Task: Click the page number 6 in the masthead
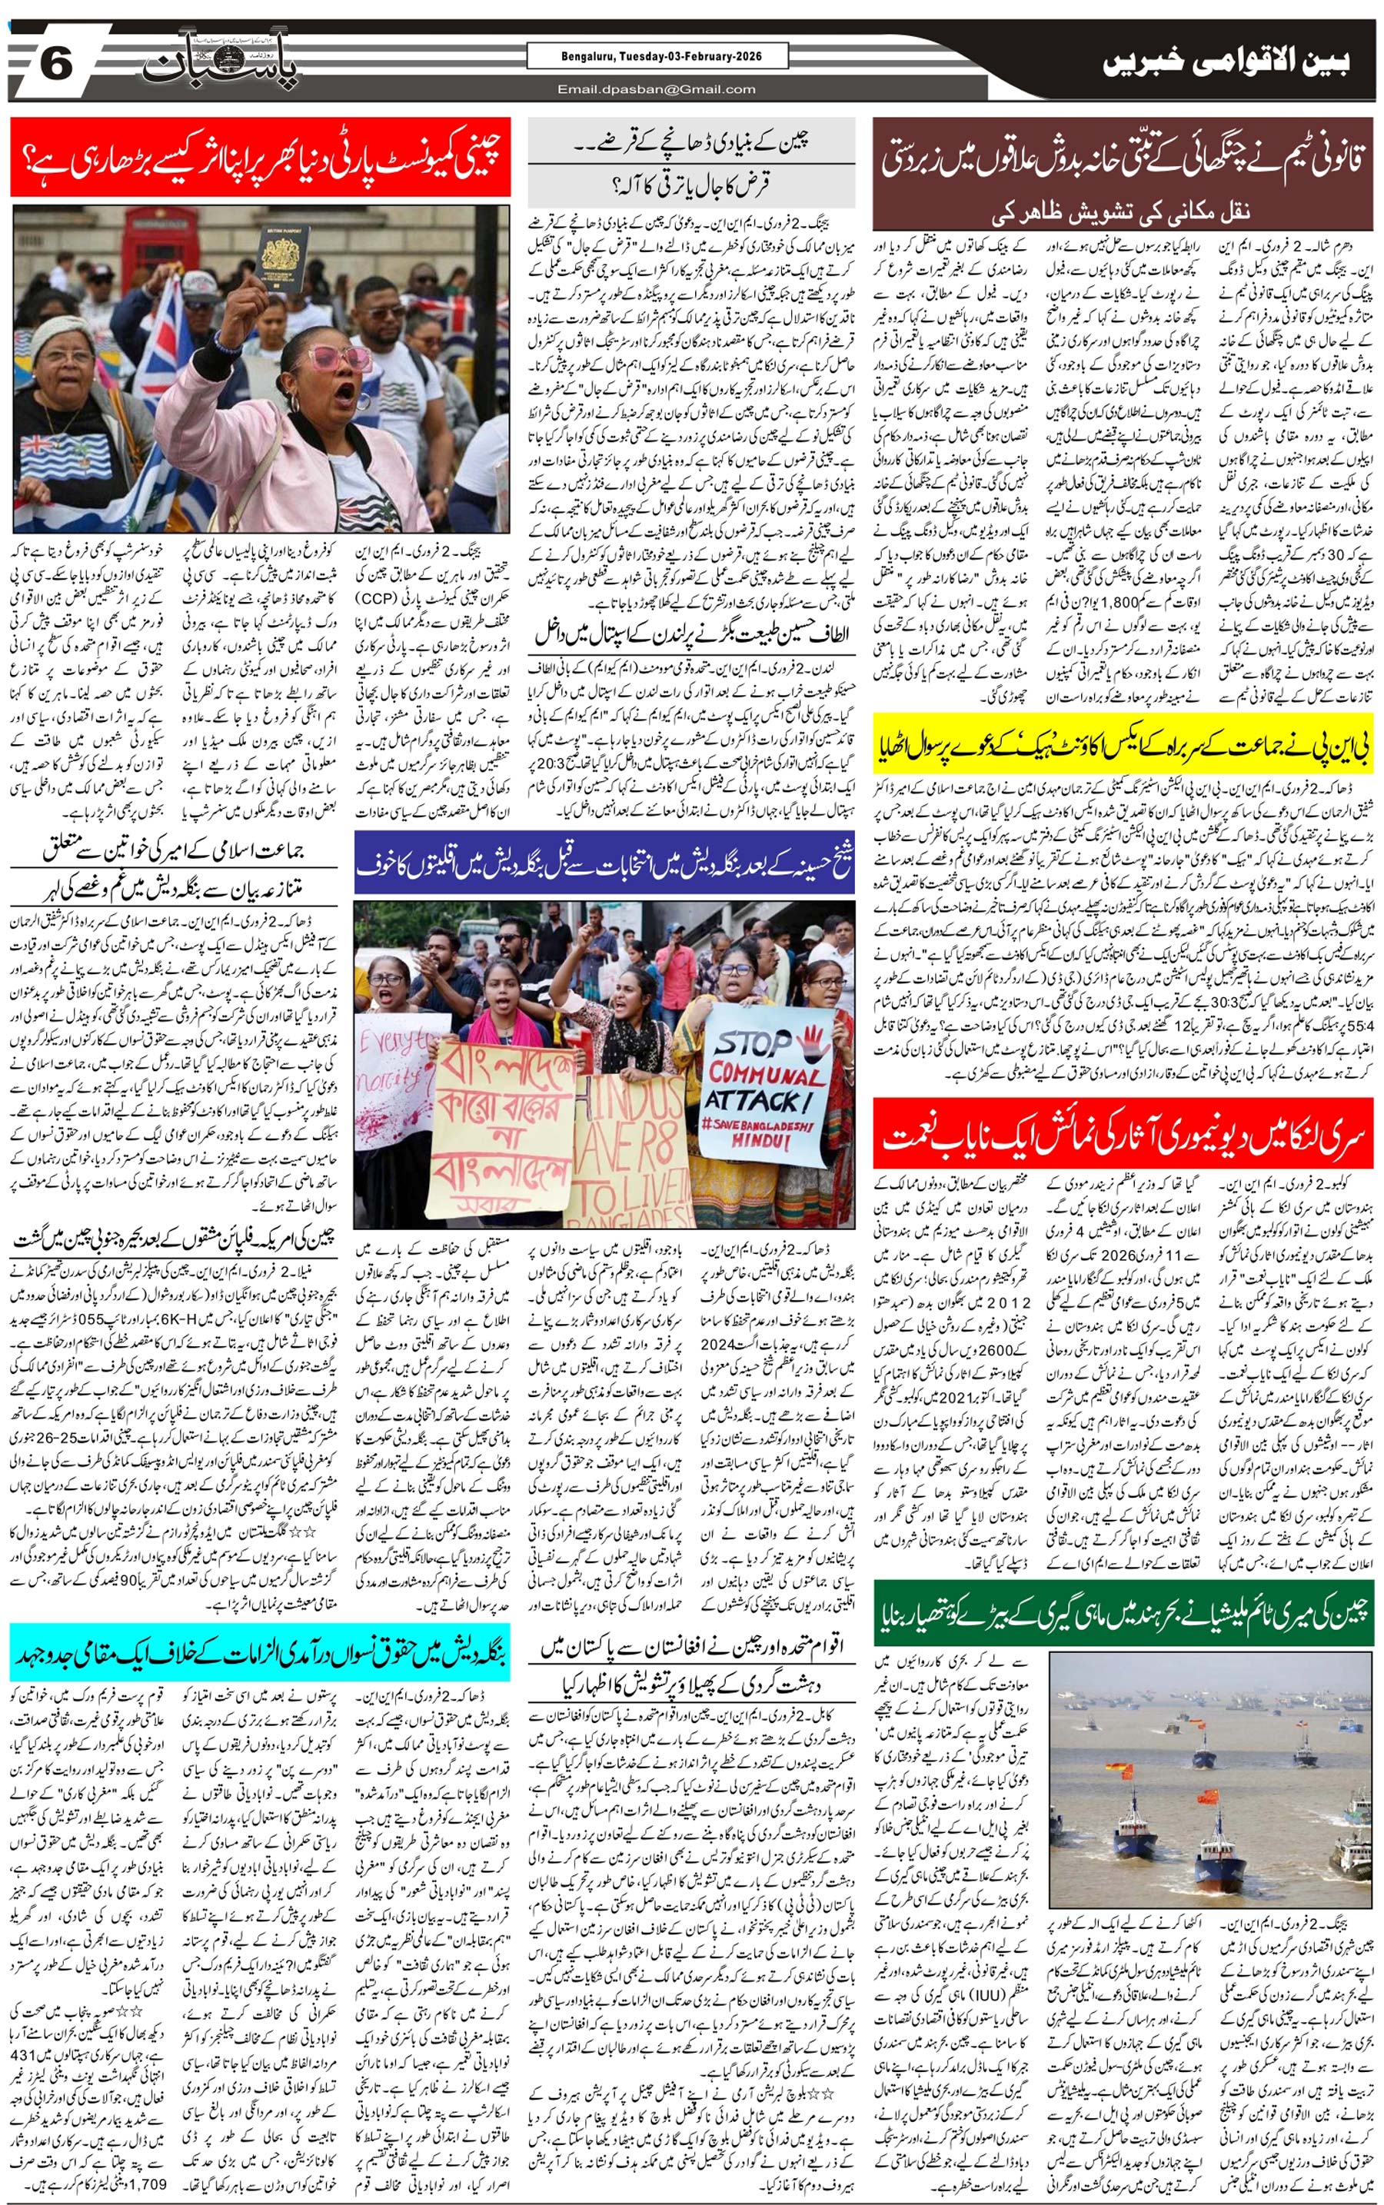(x=57, y=66)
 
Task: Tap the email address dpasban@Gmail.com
(x=657, y=88)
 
